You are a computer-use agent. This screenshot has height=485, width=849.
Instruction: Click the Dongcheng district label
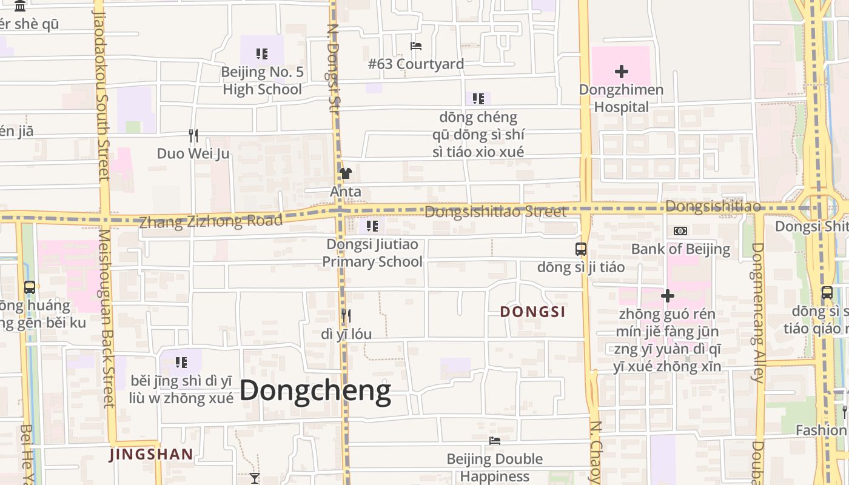click(x=315, y=391)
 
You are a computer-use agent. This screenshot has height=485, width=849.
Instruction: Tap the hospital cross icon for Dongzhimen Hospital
click(x=621, y=72)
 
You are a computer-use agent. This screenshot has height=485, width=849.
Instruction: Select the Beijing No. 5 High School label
click(x=262, y=81)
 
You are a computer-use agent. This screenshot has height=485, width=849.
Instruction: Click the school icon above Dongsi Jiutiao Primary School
click(x=372, y=226)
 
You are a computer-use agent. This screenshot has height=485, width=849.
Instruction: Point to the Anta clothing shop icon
click(x=346, y=173)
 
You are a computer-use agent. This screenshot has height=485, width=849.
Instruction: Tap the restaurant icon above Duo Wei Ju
click(x=193, y=135)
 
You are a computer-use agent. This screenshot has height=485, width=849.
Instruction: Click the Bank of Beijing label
click(x=680, y=249)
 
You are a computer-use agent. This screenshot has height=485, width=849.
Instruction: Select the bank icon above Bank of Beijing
click(x=680, y=231)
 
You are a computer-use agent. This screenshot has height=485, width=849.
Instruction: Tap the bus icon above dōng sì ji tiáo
click(x=580, y=249)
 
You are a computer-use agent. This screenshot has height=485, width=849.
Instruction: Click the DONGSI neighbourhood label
click(x=532, y=312)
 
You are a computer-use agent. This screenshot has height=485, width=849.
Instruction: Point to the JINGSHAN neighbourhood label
click(x=151, y=454)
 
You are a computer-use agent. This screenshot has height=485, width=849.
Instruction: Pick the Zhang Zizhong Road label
click(x=211, y=221)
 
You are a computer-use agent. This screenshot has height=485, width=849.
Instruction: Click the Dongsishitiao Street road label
click(x=495, y=212)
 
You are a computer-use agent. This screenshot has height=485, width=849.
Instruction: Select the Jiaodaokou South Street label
click(x=101, y=94)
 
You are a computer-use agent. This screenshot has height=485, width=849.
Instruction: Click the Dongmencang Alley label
click(x=757, y=312)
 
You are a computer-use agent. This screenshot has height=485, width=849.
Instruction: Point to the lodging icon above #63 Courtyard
click(x=416, y=46)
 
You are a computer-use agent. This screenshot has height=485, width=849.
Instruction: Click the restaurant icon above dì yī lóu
click(x=346, y=315)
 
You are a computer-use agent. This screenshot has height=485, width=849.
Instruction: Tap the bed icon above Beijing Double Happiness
click(x=495, y=441)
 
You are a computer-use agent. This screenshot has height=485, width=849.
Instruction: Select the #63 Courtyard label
click(x=416, y=64)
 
